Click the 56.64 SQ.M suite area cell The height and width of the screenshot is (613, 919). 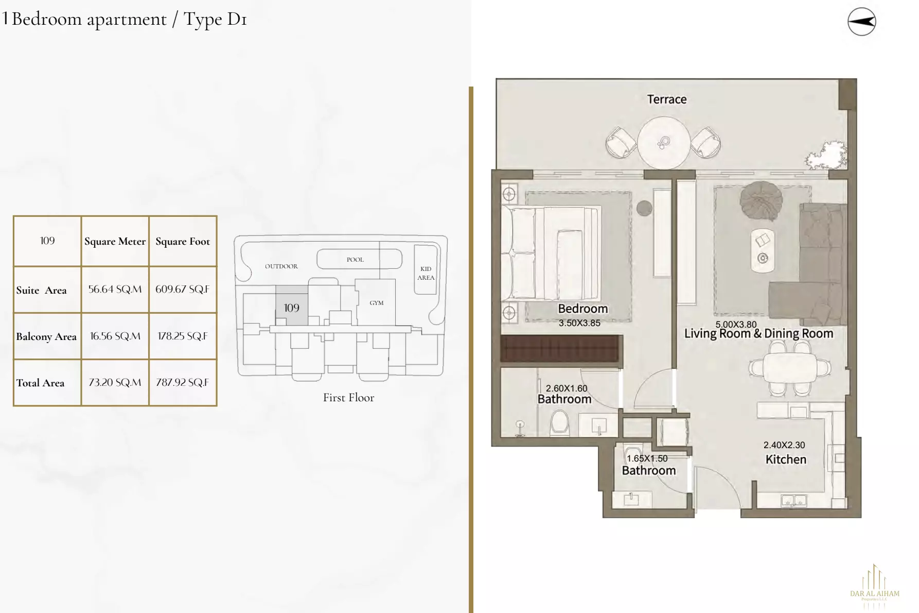pos(115,290)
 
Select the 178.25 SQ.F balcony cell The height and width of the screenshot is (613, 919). pos(183,336)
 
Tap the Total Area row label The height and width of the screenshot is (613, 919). pos(41,383)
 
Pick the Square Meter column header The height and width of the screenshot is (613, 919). pos(115,242)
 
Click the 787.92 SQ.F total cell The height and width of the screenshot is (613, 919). pos(183,383)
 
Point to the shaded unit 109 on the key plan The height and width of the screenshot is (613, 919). pos(292,308)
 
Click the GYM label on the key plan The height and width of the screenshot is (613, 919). pos(376,303)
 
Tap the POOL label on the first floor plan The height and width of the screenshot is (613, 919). pos(355,260)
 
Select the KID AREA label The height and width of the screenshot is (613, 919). pos(426,273)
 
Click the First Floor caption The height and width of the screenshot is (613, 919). pos(348,398)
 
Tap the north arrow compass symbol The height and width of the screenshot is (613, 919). pos(861,22)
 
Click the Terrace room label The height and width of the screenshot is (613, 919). pos(666,99)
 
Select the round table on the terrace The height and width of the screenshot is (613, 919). pos(663,143)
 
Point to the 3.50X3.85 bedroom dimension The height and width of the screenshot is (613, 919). pos(579,323)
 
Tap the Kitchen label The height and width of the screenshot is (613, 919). pos(786,459)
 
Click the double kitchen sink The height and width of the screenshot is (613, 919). pos(793,500)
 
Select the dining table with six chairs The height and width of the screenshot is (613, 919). pos(790,368)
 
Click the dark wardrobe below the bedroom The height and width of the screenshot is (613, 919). pos(561,348)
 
